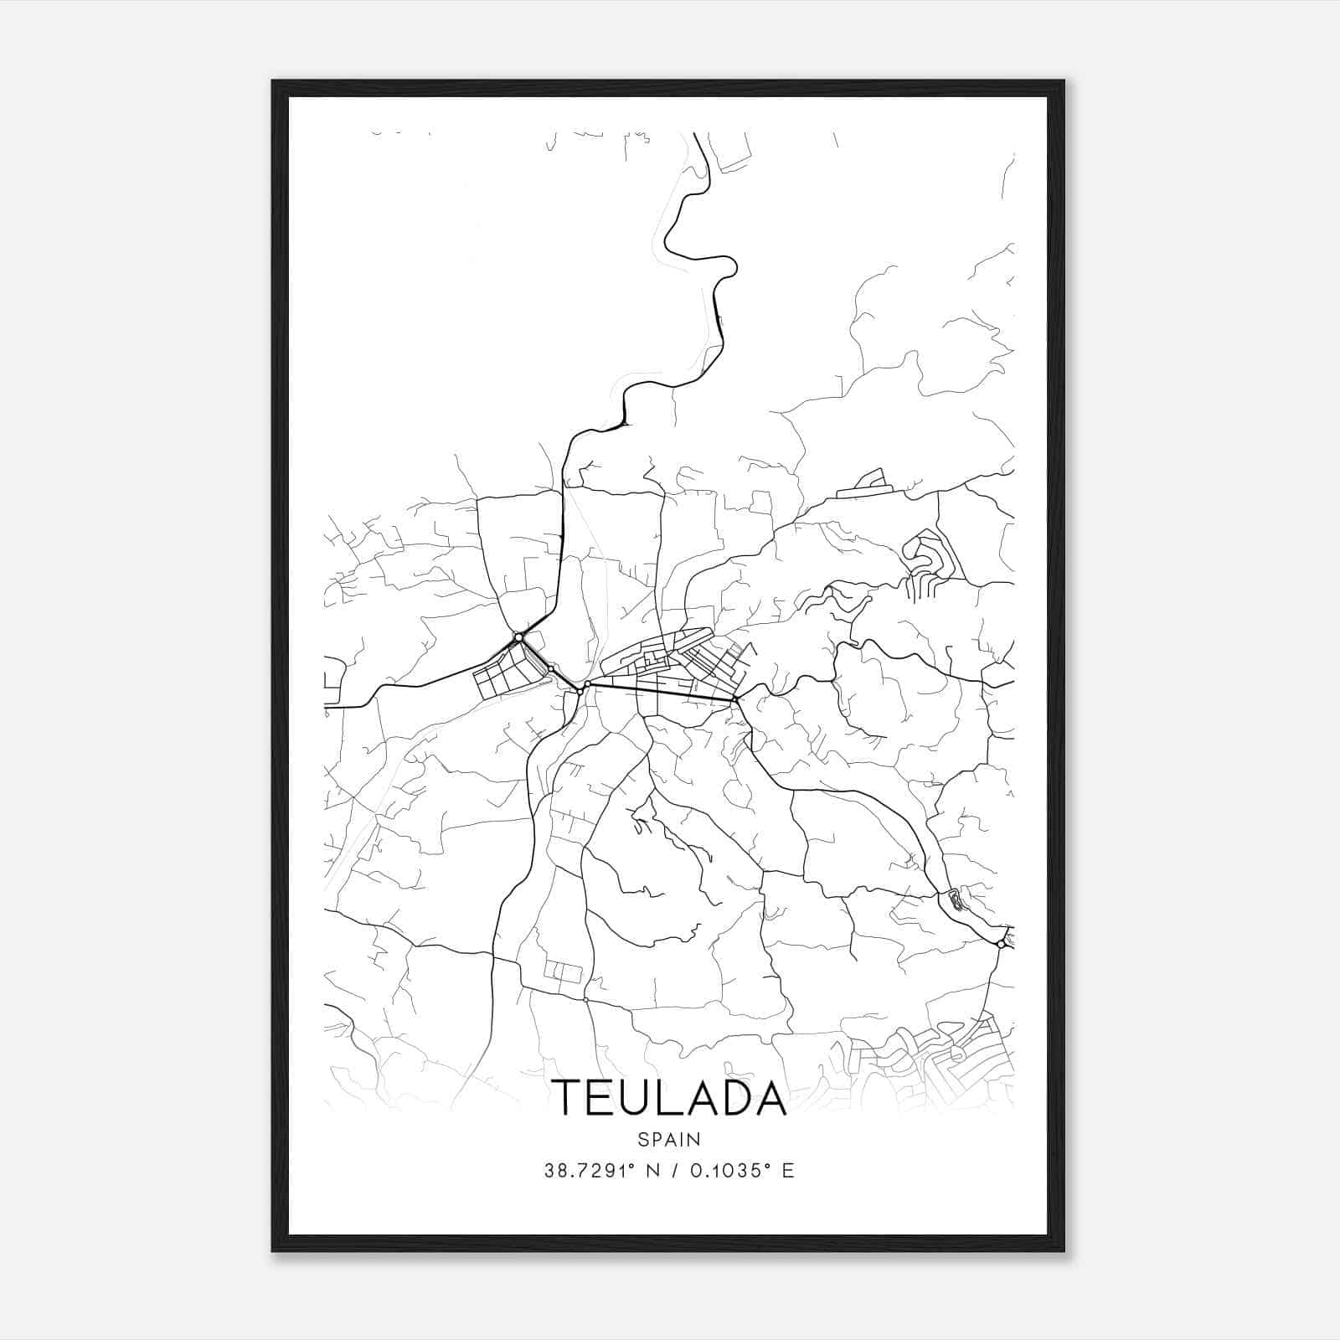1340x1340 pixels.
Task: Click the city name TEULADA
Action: tap(669, 1097)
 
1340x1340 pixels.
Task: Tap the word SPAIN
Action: tap(669, 1139)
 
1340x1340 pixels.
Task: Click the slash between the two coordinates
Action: tap(676, 1171)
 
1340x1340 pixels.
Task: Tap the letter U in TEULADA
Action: tap(636, 1097)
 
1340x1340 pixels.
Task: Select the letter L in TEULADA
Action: tap(669, 1097)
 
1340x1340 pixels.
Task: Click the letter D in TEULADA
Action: tap(735, 1097)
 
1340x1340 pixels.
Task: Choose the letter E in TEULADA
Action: tap(600, 1097)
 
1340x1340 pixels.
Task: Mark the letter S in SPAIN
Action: tap(642, 1139)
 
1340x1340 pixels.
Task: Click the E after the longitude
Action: tap(787, 1171)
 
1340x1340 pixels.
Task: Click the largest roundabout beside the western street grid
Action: tap(519, 638)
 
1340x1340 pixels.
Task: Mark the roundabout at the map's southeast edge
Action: tap(1001, 944)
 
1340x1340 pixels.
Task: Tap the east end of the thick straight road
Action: tap(734, 699)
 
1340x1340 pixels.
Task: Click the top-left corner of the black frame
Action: tap(273, 81)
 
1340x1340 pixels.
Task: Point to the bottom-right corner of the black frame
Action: tap(1064, 1250)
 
